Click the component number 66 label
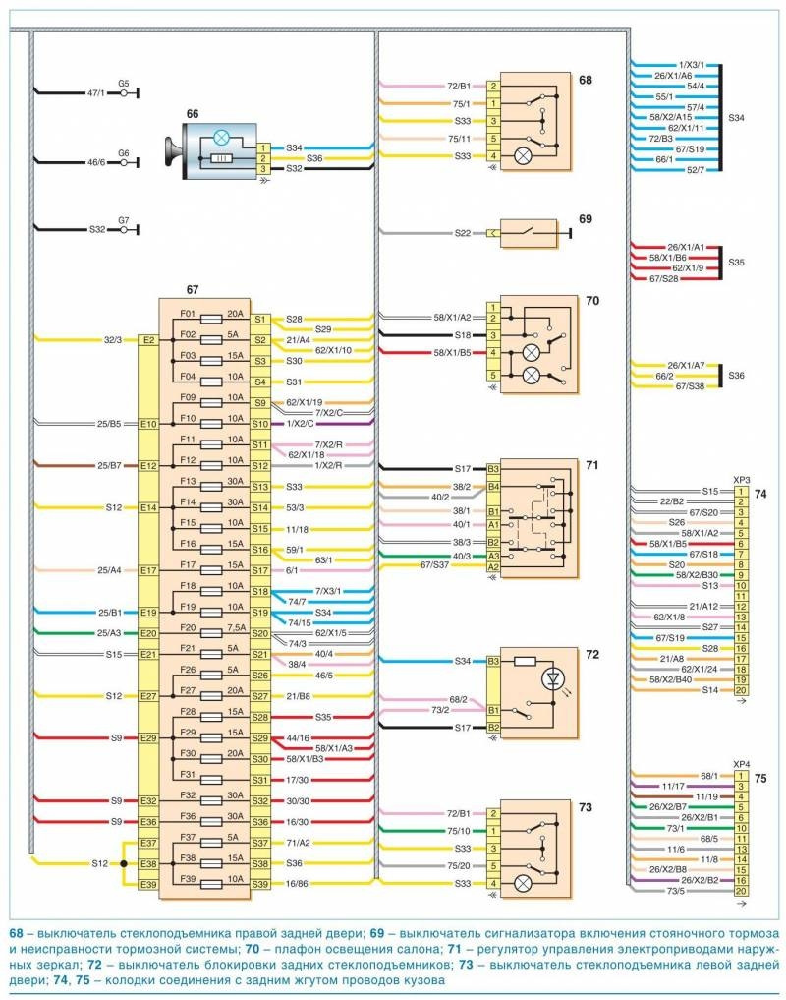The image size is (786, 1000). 193,114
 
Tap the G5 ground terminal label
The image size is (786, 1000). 124,84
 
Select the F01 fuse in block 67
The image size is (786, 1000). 189,314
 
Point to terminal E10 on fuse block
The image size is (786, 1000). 149,424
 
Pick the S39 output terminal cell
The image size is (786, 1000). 260,884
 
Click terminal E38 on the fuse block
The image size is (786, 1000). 149,864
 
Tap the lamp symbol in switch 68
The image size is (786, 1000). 524,155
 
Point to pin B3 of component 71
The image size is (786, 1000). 493,469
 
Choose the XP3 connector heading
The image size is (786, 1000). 742,480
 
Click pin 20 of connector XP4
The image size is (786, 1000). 739,890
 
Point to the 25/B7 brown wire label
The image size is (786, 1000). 107,464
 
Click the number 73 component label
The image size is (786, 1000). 587,807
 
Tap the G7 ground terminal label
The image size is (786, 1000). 124,221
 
